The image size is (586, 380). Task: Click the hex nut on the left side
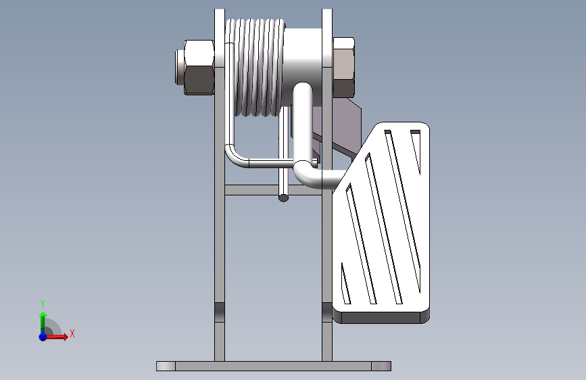click(x=199, y=68)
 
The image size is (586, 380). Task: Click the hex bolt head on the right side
click(x=343, y=68)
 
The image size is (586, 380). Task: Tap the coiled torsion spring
click(x=255, y=68)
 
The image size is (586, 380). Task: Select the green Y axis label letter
click(x=43, y=304)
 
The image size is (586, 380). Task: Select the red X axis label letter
click(x=72, y=333)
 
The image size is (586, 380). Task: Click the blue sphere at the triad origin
click(x=43, y=337)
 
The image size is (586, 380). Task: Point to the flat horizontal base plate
click(x=274, y=366)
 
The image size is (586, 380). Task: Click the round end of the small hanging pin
click(x=284, y=198)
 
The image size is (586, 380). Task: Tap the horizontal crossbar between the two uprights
click(x=273, y=190)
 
